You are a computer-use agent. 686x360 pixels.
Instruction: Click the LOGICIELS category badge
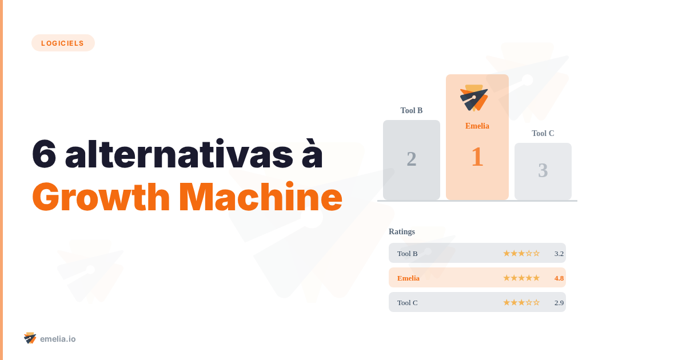63,43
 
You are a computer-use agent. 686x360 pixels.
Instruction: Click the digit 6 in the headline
44,154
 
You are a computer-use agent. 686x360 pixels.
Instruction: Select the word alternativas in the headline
194,154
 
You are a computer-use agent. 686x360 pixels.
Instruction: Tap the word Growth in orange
101,198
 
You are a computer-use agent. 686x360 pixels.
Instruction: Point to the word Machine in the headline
261,198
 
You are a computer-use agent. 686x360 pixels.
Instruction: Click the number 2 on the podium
412,159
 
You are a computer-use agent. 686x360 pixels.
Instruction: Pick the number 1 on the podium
477,157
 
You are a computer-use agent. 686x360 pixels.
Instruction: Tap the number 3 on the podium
543,170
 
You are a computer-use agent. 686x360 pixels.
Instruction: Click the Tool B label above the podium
412,110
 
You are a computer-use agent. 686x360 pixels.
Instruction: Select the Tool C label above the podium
543,133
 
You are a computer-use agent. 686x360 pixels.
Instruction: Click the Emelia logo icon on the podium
474,98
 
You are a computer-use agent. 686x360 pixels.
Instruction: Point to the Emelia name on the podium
477,126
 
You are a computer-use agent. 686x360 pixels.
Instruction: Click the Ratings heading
402,231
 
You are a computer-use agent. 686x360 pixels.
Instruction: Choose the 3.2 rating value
559,253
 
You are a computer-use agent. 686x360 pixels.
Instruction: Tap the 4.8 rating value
559,278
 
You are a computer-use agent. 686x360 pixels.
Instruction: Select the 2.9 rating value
559,302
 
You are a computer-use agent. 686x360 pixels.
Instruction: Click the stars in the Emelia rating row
521,278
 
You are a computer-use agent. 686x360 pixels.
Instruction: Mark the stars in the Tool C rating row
521,302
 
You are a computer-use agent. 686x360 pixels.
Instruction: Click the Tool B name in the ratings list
408,253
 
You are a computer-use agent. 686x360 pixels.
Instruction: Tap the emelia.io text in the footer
58,339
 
